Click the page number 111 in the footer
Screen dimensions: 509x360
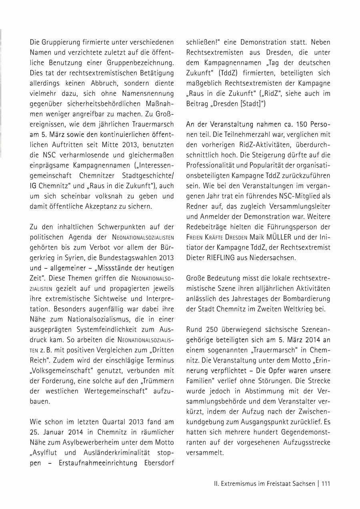325,483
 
